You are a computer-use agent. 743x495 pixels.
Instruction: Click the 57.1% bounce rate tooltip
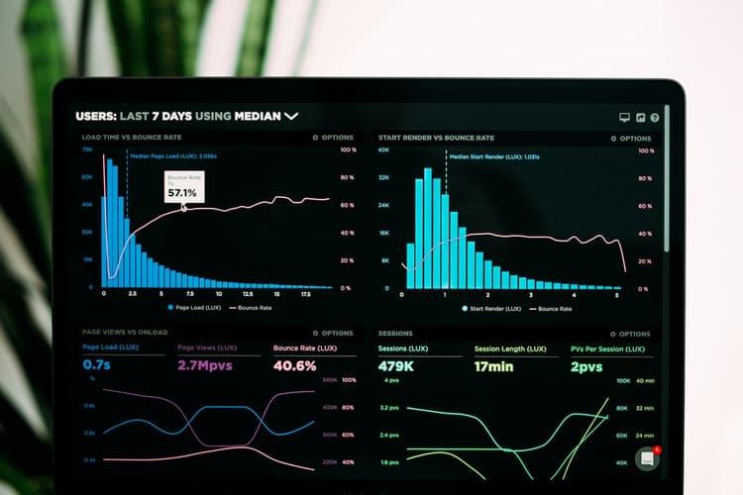[184, 188]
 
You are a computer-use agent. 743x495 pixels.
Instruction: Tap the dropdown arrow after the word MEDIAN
[291, 116]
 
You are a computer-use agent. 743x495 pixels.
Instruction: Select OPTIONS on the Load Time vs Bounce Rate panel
[333, 138]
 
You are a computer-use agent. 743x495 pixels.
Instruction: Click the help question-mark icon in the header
[655, 117]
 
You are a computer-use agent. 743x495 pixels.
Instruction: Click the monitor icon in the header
[624, 117]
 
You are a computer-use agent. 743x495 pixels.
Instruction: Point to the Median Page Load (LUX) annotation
[173, 155]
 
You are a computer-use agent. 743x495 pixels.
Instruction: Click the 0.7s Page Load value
[96, 365]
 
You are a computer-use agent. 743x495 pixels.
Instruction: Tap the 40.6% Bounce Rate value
[294, 365]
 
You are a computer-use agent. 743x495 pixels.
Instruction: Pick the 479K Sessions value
[397, 366]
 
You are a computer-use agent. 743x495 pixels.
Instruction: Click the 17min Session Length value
[493, 366]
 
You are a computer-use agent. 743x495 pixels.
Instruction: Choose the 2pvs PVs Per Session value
[586, 366]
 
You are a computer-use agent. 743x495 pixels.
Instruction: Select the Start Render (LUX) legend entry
[491, 309]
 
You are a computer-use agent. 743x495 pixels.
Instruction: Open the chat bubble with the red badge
[648, 458]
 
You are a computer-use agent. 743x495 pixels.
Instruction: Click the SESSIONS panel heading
[395, 334]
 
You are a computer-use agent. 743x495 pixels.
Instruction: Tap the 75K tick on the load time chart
[87, 149]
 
